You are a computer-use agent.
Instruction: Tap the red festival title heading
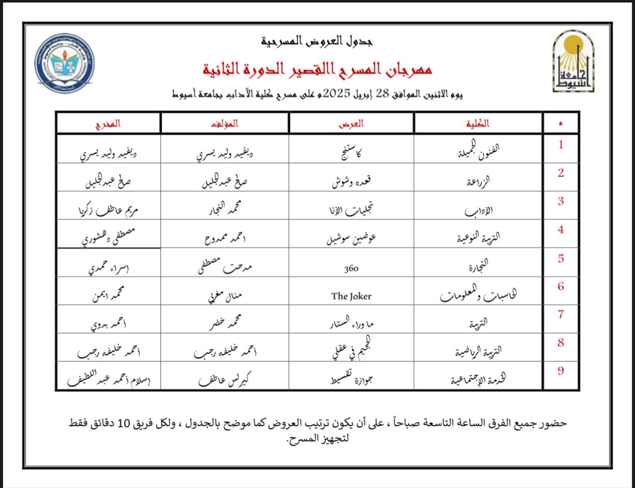[x=317, y=69]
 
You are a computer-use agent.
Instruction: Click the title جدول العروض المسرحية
[x=317, y=41]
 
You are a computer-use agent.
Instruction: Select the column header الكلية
[x=477, y=123]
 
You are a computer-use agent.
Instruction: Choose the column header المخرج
[x=108, y=123]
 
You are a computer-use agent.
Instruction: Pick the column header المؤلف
[x=225, y=123]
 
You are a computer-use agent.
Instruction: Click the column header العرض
[x=351, y=123]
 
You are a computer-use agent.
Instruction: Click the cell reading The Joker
[x=351, y=296]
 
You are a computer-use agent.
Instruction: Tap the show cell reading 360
[x=351, y=269]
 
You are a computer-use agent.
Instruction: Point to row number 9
[x=561, y=371]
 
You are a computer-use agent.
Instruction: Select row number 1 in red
[x=561, y=145]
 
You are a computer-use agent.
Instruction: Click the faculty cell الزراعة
[x=478, y=182]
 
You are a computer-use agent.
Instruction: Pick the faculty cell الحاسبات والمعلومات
[x=478, y=296]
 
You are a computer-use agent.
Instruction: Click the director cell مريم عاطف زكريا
[x=108, y=209]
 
